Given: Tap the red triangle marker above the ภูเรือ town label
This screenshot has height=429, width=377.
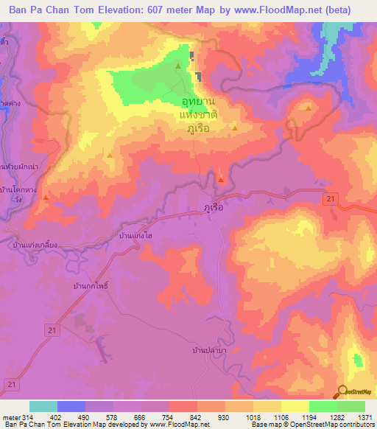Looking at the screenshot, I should (221, 180).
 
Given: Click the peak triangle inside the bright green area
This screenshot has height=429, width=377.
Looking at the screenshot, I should (178, 68).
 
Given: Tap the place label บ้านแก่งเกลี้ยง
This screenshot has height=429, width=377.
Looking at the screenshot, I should (40, 245).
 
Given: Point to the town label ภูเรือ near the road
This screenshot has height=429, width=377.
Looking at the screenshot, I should (213, 209).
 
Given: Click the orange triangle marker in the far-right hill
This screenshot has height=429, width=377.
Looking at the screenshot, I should (308, 108).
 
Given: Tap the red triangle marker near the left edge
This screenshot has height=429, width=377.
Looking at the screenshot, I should (46, 197).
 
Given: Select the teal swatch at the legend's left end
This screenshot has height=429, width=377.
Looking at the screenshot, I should (43, 406).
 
